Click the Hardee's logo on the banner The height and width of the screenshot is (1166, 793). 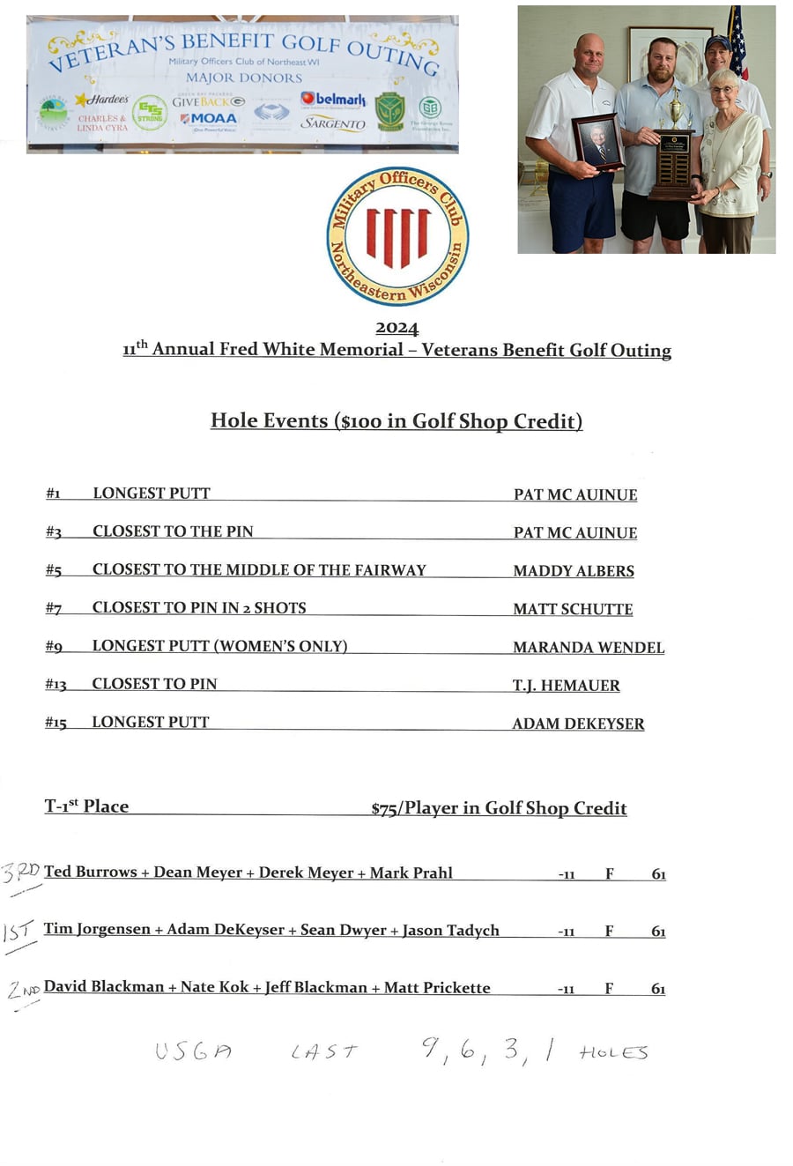[103, 100]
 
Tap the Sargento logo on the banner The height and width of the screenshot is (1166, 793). [333, 123]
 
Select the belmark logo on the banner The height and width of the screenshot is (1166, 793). [333, 100]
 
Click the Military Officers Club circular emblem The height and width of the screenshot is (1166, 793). [397, 235]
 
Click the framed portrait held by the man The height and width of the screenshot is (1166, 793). [598, 141]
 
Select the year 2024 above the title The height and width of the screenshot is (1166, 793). [396, 328]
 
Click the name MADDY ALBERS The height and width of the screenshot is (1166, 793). [574, 571]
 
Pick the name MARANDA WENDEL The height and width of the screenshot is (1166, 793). [589, 647]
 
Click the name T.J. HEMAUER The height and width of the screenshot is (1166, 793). [566, 685]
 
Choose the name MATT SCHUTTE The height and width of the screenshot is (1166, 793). [573, 609]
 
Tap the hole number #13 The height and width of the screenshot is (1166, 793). [56, 685]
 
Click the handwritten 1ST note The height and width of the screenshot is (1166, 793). [19, 932]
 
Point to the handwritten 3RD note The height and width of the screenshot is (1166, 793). [21, 873]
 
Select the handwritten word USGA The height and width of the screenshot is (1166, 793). [193, 1051]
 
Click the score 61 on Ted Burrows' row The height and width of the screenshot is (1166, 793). [658, 874]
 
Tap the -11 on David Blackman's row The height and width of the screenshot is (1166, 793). [566, 989]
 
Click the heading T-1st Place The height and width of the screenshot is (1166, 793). [86, 806]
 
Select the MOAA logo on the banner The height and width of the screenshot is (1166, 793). [209, 119]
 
